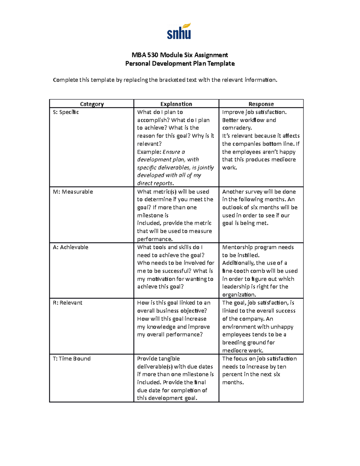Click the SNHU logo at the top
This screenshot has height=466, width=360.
[179, 32]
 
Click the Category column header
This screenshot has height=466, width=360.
[92, 104]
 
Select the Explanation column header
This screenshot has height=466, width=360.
[176, 104]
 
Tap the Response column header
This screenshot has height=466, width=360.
[261, 104]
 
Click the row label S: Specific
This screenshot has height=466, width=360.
[66, 112]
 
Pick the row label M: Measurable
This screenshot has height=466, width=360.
[73, 192]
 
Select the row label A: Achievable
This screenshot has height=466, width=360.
[70, 247]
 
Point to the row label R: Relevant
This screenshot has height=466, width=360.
[67, 303]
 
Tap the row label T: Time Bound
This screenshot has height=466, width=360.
[72, 359]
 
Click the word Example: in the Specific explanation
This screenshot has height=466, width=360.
[149, 152]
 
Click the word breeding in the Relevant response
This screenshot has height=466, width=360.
[234, 343]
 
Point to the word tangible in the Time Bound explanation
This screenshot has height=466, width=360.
[169, 359]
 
